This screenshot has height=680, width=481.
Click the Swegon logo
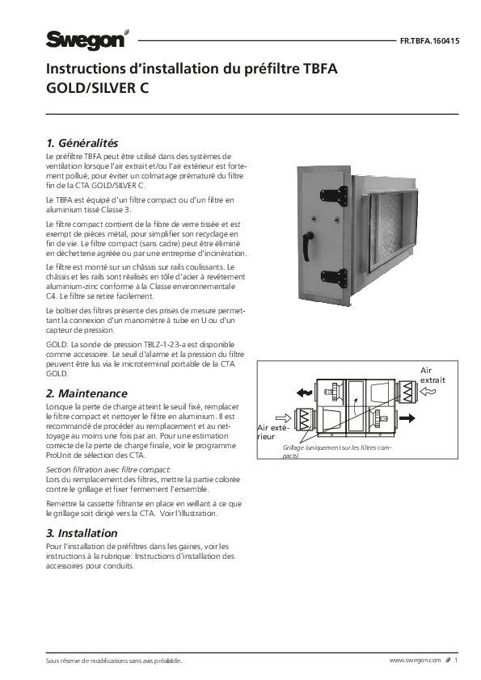tap(87, 40)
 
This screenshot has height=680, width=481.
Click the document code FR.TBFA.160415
tap(429, 42)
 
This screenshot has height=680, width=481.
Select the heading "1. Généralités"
tap(82, 143)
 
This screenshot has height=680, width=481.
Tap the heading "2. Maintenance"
tap(86, 393)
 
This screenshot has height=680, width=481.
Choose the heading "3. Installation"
tap(82, 533)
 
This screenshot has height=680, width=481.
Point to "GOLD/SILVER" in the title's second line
tap(91, 88)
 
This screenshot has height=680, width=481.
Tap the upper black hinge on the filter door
tap(335, 196)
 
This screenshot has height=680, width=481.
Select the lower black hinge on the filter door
tap(335, 279)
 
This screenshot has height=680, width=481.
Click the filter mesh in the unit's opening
tap(386, 235)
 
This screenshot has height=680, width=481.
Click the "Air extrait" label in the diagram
tap(432, 375)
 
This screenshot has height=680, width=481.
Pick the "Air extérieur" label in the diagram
tap(272, 432)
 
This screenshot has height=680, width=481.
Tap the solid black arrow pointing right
tap(407, 418)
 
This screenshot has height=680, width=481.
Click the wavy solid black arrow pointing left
tap(305, 393)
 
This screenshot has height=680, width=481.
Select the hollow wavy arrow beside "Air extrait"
tap(428, 392)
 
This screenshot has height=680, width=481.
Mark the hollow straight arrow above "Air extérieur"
tap(283, 418)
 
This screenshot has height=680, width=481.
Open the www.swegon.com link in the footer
tap(415, 661)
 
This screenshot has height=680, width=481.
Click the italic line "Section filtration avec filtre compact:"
tap(108, 470)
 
